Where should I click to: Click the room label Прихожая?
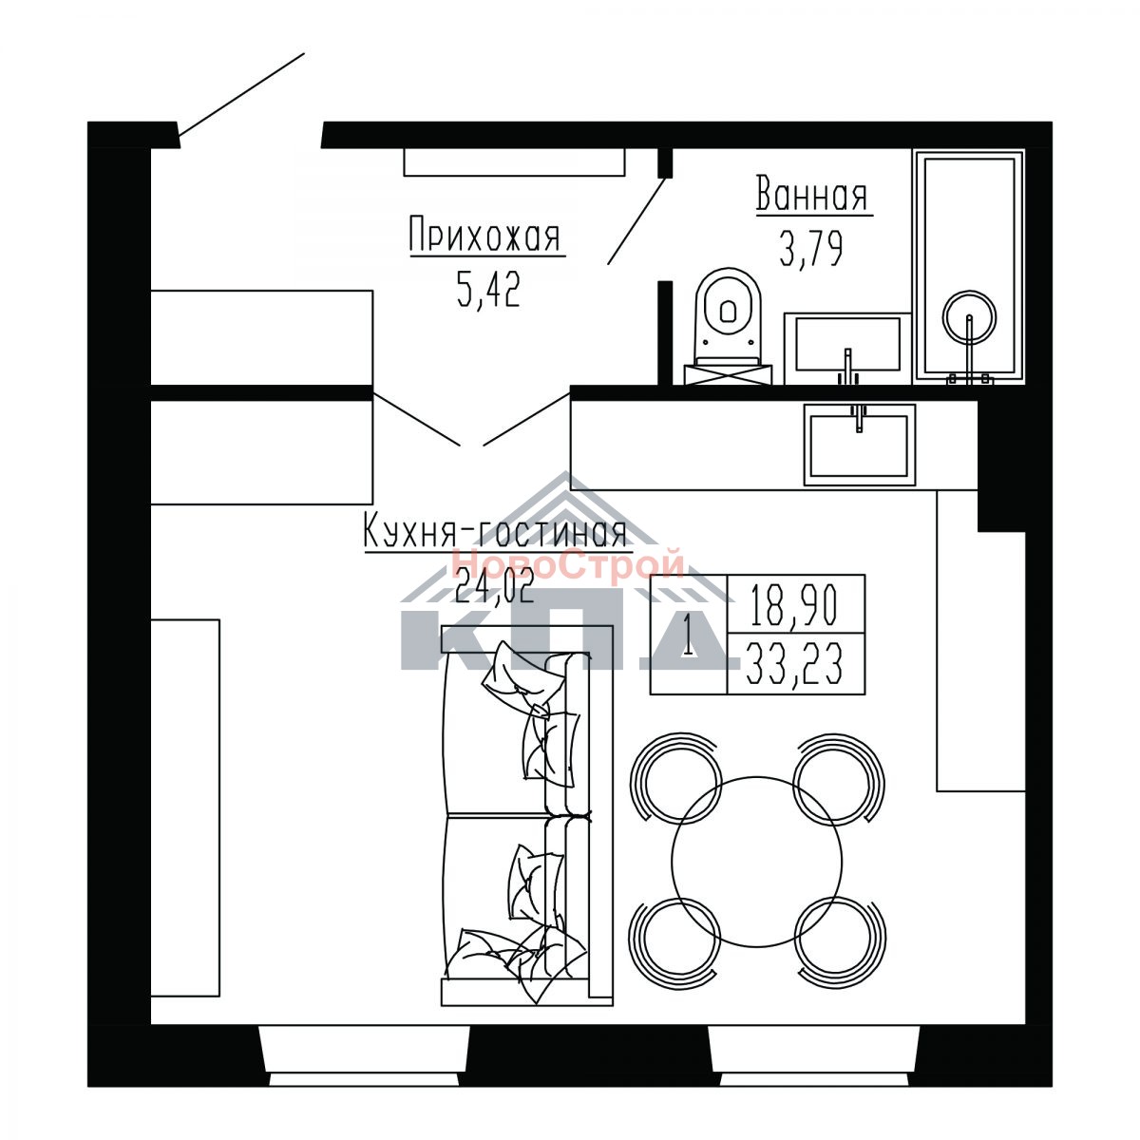(x=484, y=235)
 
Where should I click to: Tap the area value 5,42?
(x=488, y=291)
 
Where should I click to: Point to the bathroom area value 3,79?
(x=810, y=249)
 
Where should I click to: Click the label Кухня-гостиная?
(x=495, y=530)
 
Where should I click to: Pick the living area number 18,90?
(x=794, y=606)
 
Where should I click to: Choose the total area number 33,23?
(x=794, y=666)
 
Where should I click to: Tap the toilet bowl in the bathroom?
(x=729, y=326)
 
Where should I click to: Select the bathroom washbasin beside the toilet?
(x=847, y=348)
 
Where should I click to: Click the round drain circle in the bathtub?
(x=969, y=317)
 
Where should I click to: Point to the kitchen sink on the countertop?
(x=859, y=445)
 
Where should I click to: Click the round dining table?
(x=756, y=862)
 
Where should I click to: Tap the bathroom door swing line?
(x=636, y=220)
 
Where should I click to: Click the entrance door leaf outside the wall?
(x=241, y=95)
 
